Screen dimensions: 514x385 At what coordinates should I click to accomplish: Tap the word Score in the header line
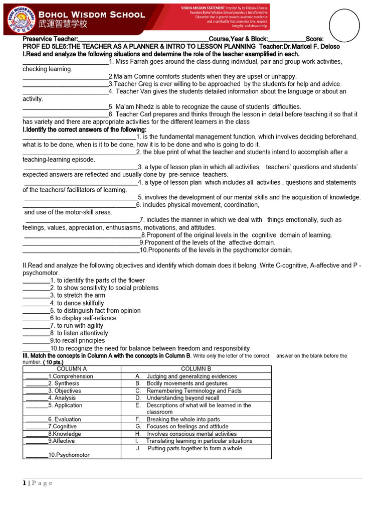[314, 39]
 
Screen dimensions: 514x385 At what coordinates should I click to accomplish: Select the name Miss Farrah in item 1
[134, 61]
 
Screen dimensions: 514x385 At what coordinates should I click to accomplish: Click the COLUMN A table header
[72, 369]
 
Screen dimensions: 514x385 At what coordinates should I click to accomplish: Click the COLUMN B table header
[196, 369]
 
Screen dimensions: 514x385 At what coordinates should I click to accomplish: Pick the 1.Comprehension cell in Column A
[71, 376]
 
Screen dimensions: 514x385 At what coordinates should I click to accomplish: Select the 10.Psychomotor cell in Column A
[69, 455]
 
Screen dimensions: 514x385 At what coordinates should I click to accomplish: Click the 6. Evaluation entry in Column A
[64, 420]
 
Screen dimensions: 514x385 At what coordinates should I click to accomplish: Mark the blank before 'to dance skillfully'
[36, 303]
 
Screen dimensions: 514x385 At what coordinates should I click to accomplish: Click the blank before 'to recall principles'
[36, 341]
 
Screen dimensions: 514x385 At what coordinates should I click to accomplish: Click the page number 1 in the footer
[24, 483]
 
